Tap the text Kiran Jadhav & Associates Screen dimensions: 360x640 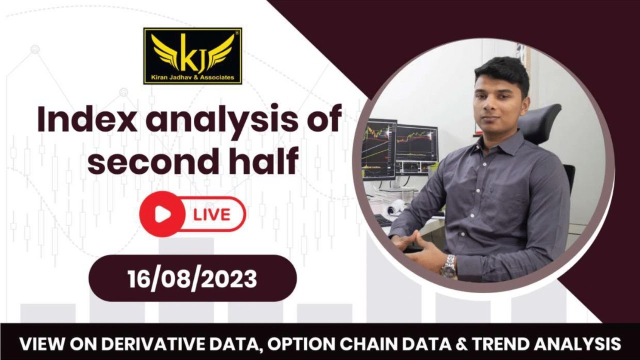(x=192, y=77)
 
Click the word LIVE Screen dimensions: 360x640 (x=212, y=215)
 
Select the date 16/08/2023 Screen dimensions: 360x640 (x=192, y=278)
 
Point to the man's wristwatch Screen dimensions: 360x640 (x=448, y=266)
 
